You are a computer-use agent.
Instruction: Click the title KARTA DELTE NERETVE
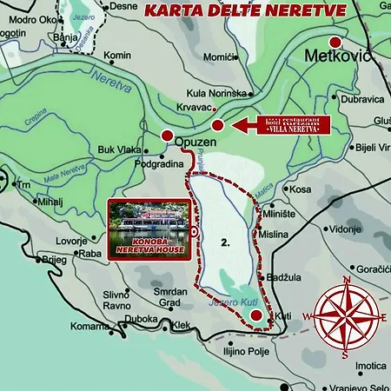point(244,10)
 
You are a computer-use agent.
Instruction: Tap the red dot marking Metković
point(336,43)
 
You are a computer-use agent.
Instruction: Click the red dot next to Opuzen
point(167,134)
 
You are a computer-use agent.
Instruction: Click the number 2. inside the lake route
point(225,244)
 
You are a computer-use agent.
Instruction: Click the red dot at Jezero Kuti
point(255,315)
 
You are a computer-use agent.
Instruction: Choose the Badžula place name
point(283,276)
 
